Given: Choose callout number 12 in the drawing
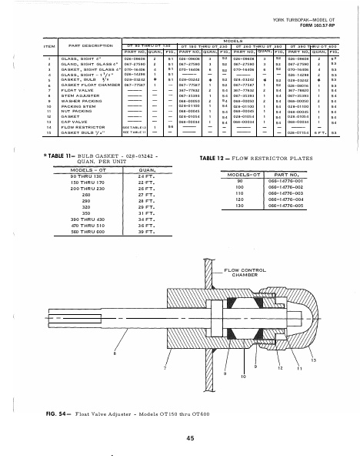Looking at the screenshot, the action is point(279,367).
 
